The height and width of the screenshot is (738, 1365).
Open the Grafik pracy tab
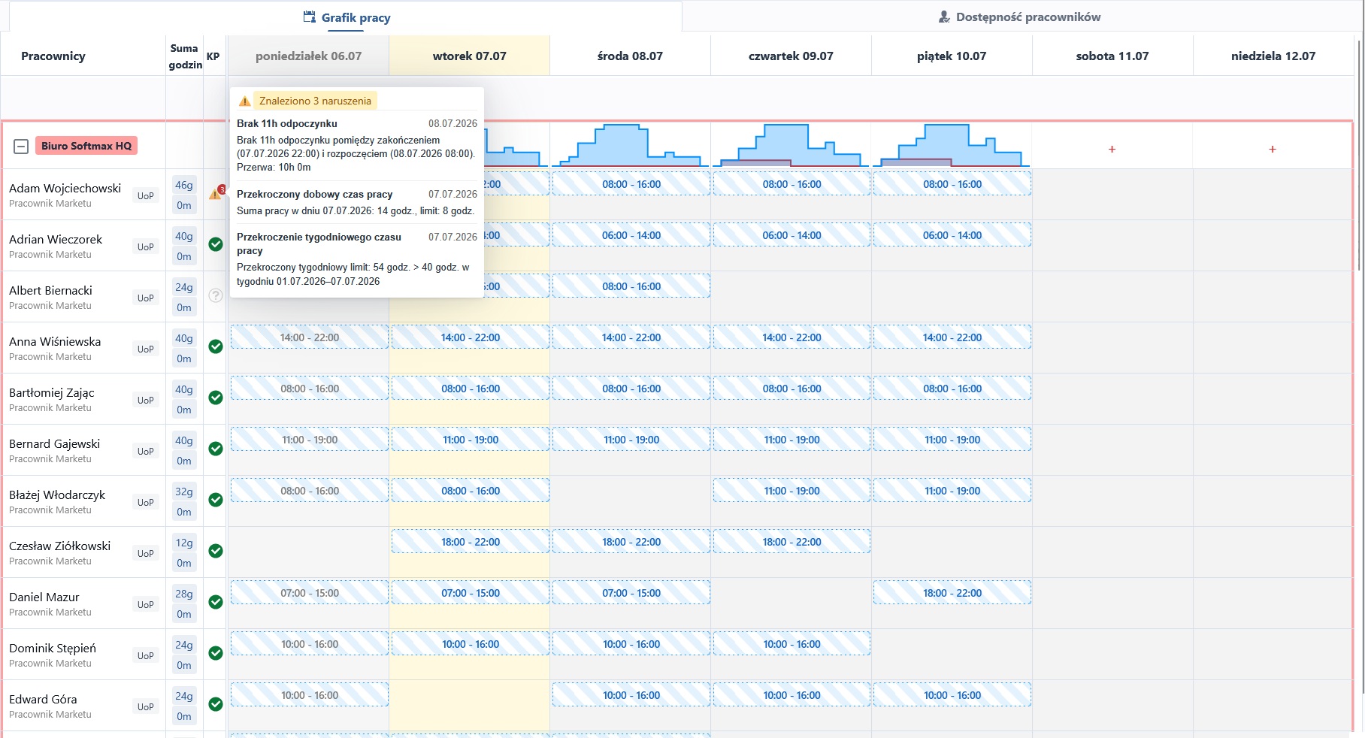coord(347,17)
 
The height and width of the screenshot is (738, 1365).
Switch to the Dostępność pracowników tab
coord(1020,17)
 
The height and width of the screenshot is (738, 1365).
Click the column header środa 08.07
coord(630,56)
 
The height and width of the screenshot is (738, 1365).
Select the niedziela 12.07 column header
coord(1273,56)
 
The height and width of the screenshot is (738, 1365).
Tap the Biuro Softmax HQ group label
coord(86,146)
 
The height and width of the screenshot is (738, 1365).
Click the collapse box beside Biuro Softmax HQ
coord(21,147)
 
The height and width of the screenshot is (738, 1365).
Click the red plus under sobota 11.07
coord(1112,150)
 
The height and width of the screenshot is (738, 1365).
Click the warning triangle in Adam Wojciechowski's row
coord(215,194)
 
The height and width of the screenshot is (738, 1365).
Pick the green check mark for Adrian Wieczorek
coord(216,244)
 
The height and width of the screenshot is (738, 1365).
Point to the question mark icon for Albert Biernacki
coord(216,295)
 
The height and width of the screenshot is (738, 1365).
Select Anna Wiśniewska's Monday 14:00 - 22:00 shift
coord(309,337)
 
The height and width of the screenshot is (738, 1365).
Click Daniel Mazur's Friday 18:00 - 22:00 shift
coord(952,593)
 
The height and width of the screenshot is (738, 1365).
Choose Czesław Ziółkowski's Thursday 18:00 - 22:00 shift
coord(791,542)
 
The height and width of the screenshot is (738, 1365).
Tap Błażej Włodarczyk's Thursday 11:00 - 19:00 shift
coord(791,491)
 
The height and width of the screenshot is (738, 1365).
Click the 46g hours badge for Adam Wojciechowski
coord(184,185)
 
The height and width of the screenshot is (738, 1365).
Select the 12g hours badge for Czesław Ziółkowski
coord(184,543)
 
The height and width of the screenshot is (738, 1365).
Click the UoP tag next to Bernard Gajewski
coord(146,452)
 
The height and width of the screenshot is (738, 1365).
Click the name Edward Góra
coord(43,699)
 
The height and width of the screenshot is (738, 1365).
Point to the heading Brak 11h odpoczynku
coord(287,123)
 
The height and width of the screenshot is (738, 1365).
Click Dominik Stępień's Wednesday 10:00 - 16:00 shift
coord(631,644)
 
